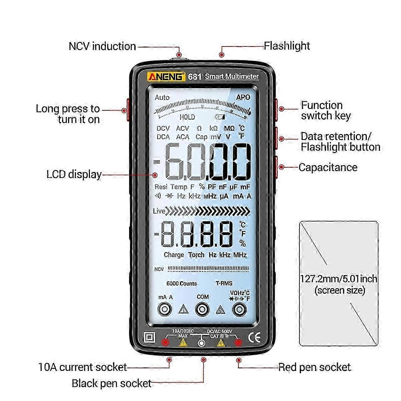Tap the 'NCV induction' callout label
[x=102, y=46]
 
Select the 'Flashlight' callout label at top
[x=287, y=46]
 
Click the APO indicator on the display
[x=243, y=97]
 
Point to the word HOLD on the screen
[x=187, y=117]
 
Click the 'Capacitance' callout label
[x=328, y=167]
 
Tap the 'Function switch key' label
[x=325, y=110]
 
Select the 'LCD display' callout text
[x=74, y=174]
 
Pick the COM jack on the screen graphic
[x=202, y=310]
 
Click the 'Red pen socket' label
[x=314, y=367]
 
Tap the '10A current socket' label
[x=83, y=367]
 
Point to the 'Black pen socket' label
[x=112, y=383]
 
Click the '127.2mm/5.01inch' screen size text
[x=339, y=279]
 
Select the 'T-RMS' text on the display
[x=224, y=283]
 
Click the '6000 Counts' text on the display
[x=181, y=283]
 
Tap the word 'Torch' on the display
[x=196, y=255]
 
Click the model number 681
[x=194, y=77]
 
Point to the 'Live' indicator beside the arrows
[x=159, y=211]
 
